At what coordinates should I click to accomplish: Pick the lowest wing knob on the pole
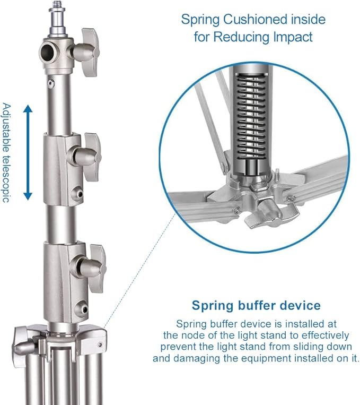click(91, 269)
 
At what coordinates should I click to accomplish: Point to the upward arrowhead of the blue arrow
click(28, 109)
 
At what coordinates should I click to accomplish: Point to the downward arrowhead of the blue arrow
click(28, 196)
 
